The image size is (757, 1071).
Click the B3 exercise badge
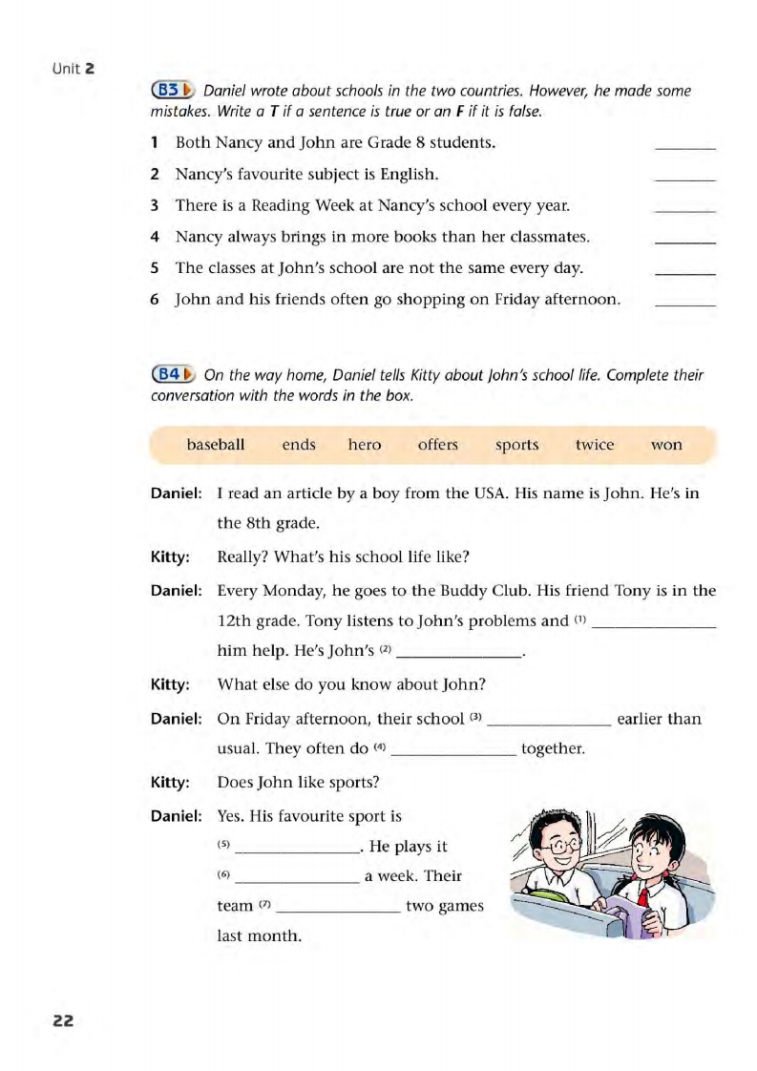click(173, 91)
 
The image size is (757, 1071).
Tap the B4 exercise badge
click(173, 374)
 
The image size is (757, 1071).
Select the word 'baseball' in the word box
click(216, 445)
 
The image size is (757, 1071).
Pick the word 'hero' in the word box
click(365, 445)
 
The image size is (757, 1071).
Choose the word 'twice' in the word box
click(595, 445)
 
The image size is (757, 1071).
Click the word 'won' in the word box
click(666, 445)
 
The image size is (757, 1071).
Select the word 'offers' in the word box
click(438, 445)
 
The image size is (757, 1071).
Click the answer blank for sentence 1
click(685, 145)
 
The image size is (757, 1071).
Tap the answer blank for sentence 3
click(685, 207)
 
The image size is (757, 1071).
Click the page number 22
click(63, 1020)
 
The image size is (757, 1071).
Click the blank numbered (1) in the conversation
click(654, 622)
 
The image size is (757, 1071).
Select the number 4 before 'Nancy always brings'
click(154, 237)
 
